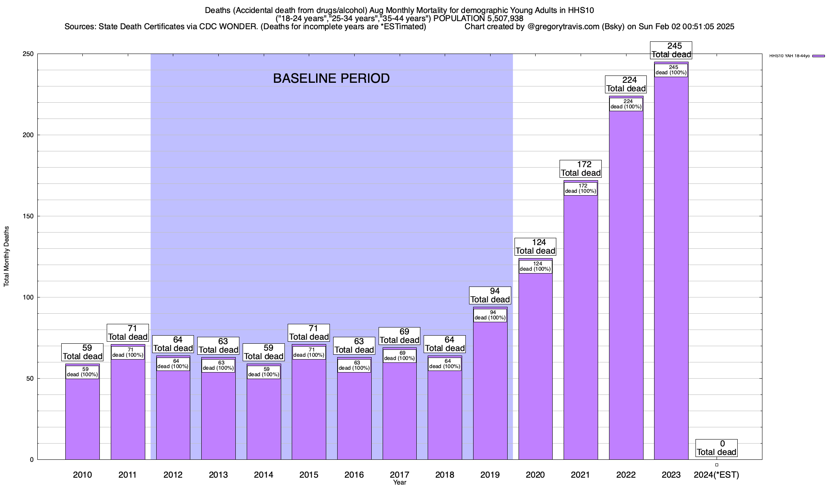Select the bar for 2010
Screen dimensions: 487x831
pos(82,418)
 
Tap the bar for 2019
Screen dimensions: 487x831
pos(490,390)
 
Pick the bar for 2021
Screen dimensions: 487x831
pos(581,325)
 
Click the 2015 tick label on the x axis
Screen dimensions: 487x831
pos(309,474)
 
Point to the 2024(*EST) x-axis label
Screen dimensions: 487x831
pos(717,474)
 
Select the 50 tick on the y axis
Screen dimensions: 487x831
pos(30,379)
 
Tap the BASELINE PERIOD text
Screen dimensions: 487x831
pos(331,78)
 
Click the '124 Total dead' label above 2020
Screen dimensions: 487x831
pos(535,247)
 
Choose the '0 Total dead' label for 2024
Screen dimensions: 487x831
pos(717,448)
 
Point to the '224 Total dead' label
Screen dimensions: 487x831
pos(626,84)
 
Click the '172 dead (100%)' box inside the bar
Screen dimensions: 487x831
pos(581,189)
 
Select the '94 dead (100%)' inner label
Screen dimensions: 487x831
pos(490,315)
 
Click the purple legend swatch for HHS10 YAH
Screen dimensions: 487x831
pos(818,56)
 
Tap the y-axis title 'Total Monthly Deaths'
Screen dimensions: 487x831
pos(6,256)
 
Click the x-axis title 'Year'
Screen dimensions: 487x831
pos(399,483)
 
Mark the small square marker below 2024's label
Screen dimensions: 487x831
pos(717,465)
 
